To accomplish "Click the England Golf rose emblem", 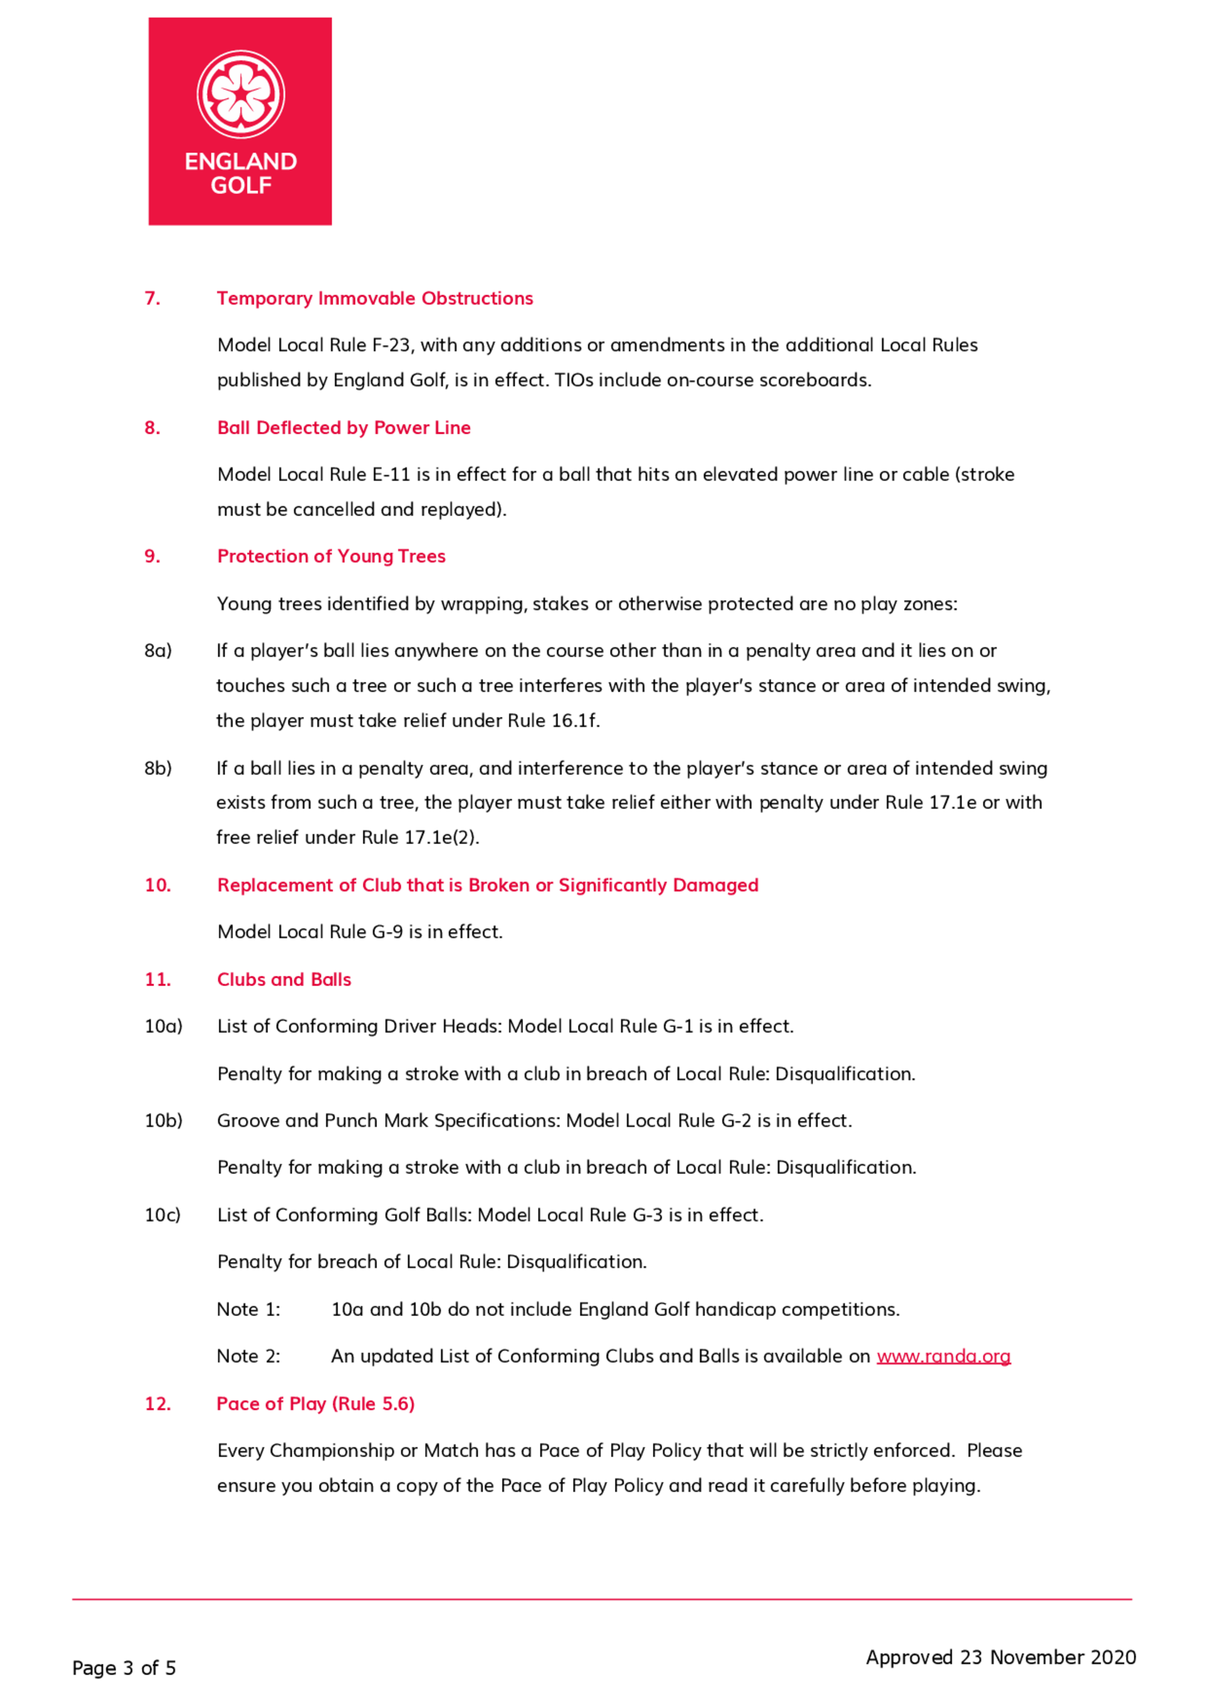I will point(240,94).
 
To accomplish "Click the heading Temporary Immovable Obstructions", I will point(375,298).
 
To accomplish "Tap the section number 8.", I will point(152,428).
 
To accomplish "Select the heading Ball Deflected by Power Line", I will point(344,428).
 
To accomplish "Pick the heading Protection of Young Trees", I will point(331,556).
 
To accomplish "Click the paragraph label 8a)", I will point(158,651).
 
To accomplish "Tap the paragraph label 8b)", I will point(158,768).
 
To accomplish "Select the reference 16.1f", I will point(575,720).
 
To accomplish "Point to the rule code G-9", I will point(388,932).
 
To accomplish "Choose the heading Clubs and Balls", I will point(283,980).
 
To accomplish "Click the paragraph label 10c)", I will point(162,1214).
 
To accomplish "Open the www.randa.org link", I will point(943,1356).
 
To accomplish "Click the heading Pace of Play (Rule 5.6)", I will point(315,1403).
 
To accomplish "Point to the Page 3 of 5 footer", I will point(123,1668).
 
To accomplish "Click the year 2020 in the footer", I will point(1113,1657).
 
